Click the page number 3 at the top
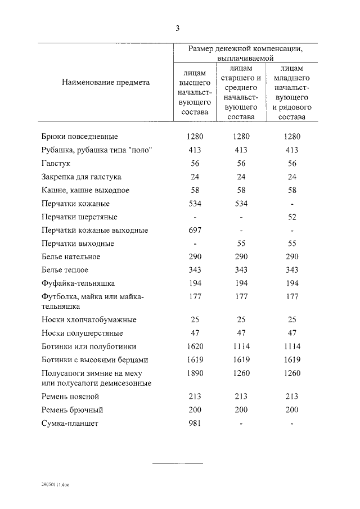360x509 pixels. pyautogui.click(x=178, y=28)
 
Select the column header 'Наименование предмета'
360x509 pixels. pyautogui.click(x=106, y=82)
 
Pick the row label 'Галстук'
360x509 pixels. pyautogui.click(x=57, y=163)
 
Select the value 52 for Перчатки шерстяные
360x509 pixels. pyautogui.click(x=292, y=217)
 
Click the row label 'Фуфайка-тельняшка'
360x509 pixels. pyautogui.click(x=78, y=283)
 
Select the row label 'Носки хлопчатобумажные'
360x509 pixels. pyautogui.click(x=89, y=320)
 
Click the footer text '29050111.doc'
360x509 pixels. pyautogui.click(x=55, y=484)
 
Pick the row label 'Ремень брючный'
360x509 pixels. pyautogui.click(x=73, y=410)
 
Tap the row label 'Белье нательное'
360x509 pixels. pyautogui.click(x=71, y=257)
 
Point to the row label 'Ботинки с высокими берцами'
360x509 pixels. pyautogui.click(x=94, y=360)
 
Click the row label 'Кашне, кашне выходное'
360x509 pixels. pyautogui.click(x=85, y=190)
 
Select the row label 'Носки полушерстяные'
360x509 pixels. pyautogui.click(x=82, y=333)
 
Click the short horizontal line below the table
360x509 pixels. pyautogui.click(x=178, y=463)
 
